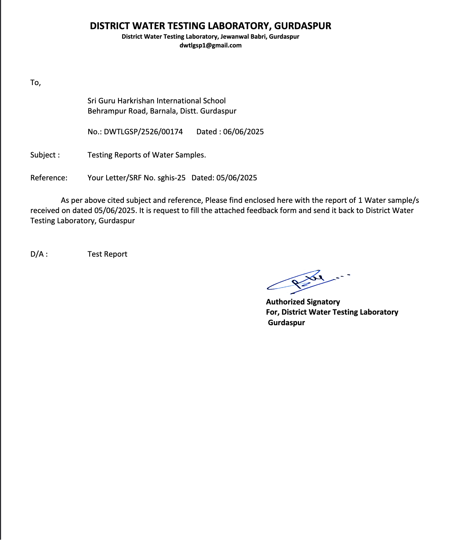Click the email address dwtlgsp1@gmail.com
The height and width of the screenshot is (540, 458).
tap(210, 45)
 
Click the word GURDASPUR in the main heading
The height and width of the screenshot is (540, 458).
tap(303, 26)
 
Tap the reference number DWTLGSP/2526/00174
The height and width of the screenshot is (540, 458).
tap(143, 132)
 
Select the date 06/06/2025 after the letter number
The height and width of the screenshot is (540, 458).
tap(243, 132)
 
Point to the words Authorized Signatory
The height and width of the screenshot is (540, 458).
tap(303, 302)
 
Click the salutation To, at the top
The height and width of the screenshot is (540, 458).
tap(36, 83)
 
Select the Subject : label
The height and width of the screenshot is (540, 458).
tap(45, 155)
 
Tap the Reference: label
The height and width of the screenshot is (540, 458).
tap(49, 178)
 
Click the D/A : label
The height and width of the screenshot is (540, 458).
tap(39, 254)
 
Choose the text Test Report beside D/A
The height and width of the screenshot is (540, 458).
tap(107, 254)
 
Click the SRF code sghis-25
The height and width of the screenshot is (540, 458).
tap(171, 178)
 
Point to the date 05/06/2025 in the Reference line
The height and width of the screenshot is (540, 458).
tap(236, 178)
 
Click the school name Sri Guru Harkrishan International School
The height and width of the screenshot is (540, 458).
tap(157, 101)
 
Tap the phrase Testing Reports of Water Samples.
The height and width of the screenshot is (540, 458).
tap(147, 155)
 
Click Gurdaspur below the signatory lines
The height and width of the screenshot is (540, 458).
tap(286, 323)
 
